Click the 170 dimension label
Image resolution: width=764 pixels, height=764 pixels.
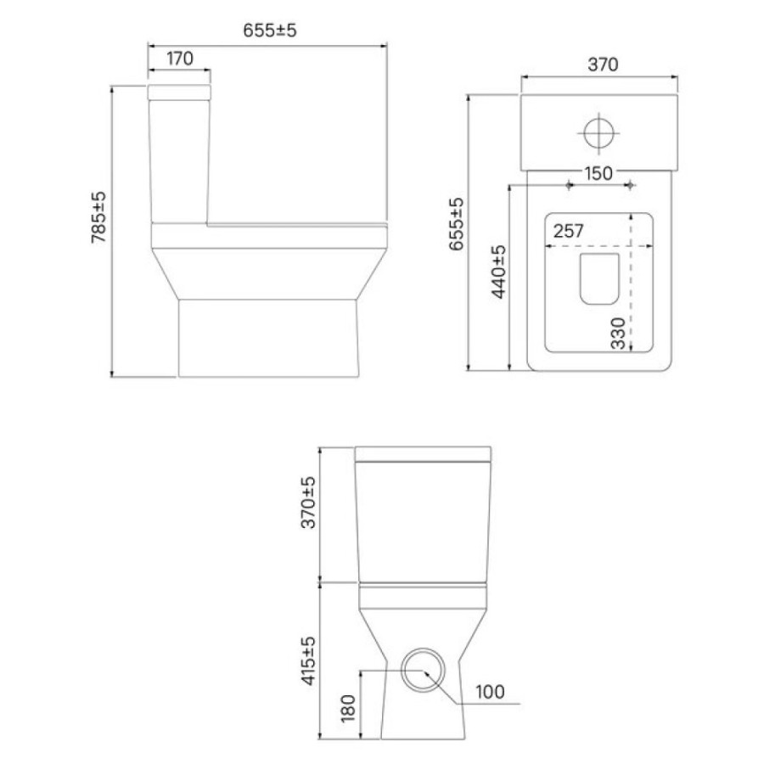180,59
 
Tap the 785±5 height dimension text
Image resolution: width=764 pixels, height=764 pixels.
98,217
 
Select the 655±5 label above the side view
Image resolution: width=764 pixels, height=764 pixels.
269,31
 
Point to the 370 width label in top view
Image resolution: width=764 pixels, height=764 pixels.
603,65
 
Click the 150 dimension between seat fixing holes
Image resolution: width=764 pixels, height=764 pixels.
598,173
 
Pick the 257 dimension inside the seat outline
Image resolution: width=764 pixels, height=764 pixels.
568,231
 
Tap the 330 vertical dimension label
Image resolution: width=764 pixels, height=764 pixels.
618,334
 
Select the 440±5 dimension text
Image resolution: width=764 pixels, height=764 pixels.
499,272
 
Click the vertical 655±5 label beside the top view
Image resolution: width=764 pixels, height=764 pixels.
457,224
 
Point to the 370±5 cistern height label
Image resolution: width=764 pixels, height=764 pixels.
308,503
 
